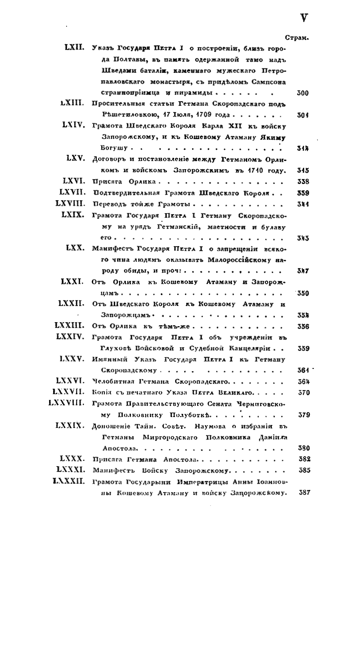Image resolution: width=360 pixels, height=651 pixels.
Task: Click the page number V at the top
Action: coord(304,18)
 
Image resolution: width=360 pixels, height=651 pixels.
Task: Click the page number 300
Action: coord(303,94)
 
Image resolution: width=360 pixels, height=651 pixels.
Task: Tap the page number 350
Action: coord(303,293)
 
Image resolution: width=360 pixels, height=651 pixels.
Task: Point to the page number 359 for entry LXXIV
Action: coord(303,348)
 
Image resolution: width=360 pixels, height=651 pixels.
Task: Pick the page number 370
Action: coord(303,392)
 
